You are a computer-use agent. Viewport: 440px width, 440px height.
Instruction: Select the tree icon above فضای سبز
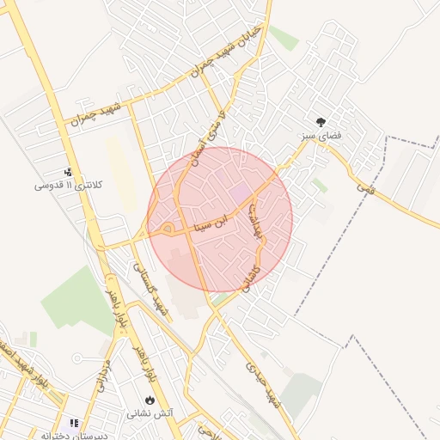pyautogui.click(x=321, y=123)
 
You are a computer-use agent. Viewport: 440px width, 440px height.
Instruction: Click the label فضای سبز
pyautogui.click(x=320, y=137)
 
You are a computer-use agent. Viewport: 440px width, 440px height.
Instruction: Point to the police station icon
pyautogui.click(x=69, y=172)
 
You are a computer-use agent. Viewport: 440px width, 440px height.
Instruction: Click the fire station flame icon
pyautogui.click(x=150, y=400)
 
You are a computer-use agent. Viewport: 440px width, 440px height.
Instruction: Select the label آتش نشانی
pyautogui.click(x=150, y=413)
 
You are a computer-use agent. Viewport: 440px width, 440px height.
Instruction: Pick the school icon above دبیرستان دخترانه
pyautogui.click(x=74, y=424)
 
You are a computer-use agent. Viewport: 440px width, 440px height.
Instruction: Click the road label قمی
pyautogui.click(x=368, y=186)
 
